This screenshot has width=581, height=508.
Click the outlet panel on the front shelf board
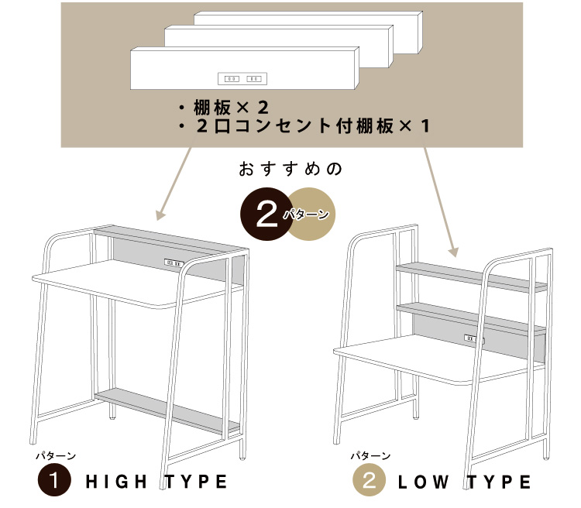tap(242, 78)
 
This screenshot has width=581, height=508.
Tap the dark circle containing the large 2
tap(266, 214)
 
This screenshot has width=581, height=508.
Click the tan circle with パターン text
tap(311, 214)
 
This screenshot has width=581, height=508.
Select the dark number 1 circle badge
tap(54, 481)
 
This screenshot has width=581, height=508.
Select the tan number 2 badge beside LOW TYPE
tap(369, 481)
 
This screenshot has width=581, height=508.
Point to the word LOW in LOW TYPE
tap(423, 482)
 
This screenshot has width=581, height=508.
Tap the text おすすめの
tap(290, 169)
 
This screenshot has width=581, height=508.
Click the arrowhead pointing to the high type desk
tap(160, 215)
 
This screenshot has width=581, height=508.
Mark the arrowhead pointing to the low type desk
tap(454, 252)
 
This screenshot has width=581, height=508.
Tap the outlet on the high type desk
tap(174, 263)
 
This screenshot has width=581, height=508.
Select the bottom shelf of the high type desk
tap(167, 410)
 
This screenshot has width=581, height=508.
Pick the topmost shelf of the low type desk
tap(471, 277)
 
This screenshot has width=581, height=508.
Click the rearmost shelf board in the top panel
tap(308, 33)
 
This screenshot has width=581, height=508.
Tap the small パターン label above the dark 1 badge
tap(56, 456)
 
